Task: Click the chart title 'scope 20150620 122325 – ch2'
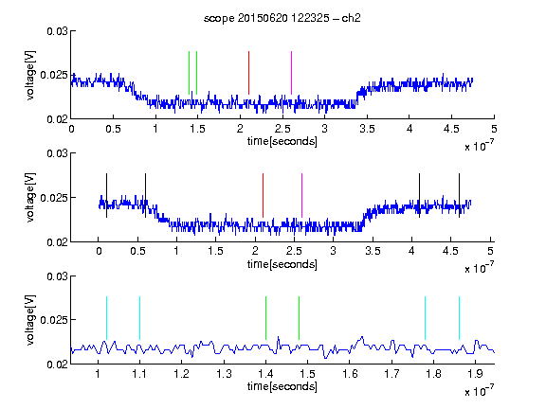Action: (x=282, y=18)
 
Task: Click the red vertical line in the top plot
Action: (x=248, y=73)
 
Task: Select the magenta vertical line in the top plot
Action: (x=291, y=73)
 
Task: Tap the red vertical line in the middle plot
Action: (x=263, y=195)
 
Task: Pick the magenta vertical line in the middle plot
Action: (x=301, y=195)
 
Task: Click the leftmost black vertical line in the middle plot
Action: (x=106, y=195)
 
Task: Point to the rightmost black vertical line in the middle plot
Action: (x=459, y=195)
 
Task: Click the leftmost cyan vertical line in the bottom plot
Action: (x=106, y=318)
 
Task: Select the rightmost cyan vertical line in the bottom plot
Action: (x=459, y=318)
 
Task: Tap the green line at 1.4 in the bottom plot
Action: (x=265, y=318)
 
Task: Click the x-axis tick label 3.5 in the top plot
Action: (x=367, y=129)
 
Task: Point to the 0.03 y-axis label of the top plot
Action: (x=57, y=31)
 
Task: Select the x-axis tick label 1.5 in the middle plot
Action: (x=215, y=251)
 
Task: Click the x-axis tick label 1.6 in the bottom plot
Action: (x=351, y=374)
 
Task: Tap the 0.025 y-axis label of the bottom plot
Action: (x=55, y=320)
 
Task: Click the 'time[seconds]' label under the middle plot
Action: (x=282, y=264)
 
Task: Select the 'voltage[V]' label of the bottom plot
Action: (x=30, y=320)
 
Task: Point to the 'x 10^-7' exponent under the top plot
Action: (x=480, y=146)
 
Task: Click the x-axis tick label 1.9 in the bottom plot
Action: (x=475, y=374)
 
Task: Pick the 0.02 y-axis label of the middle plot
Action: (x=57, y=242)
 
